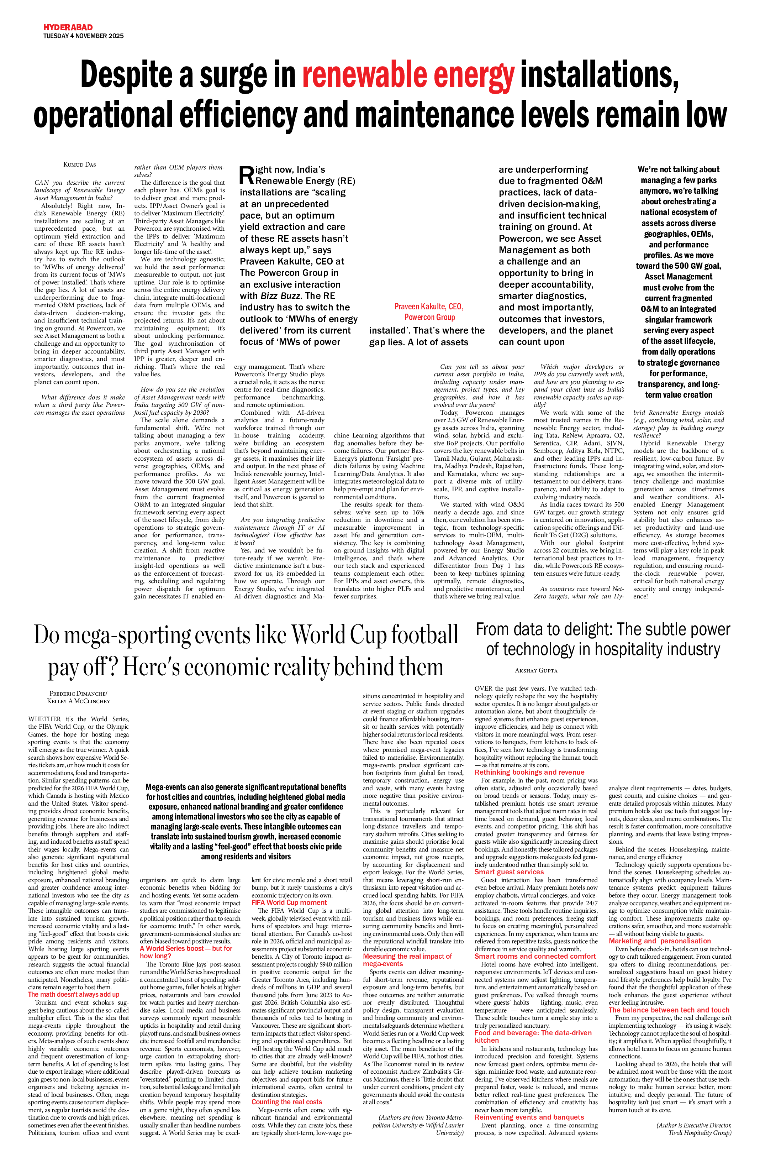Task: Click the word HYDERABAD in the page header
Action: pos(68,28)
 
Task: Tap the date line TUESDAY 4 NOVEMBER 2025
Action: pos(83,36)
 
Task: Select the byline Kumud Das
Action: pos(80,164)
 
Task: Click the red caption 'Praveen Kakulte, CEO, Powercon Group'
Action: pos(429,312)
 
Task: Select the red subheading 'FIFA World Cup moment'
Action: pos(289,902)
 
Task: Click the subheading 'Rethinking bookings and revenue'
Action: pos(529,772)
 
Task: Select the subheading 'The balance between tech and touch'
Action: pos(669,1010)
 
